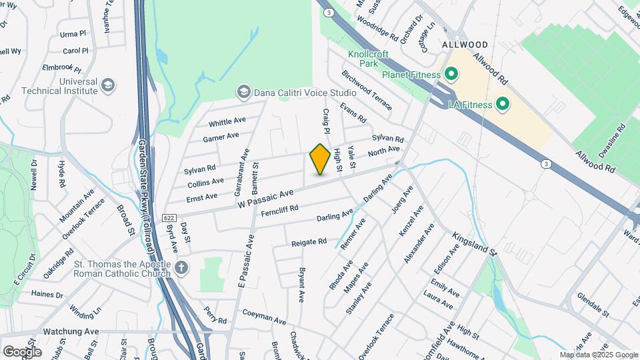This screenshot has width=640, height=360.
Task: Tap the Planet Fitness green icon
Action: coord(451,74)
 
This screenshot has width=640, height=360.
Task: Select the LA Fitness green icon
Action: coord(502,104)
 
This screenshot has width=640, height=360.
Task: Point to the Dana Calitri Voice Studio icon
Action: coord(243,92)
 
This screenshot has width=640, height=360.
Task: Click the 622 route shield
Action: coord(168,217)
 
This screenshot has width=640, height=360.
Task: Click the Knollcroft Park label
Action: coord(363,59)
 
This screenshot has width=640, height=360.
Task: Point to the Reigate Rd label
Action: coord(309,241)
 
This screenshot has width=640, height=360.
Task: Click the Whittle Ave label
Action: coord(227,123)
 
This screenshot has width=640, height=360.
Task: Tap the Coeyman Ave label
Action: coord(263,314)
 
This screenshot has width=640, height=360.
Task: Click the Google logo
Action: coord(21,351)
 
